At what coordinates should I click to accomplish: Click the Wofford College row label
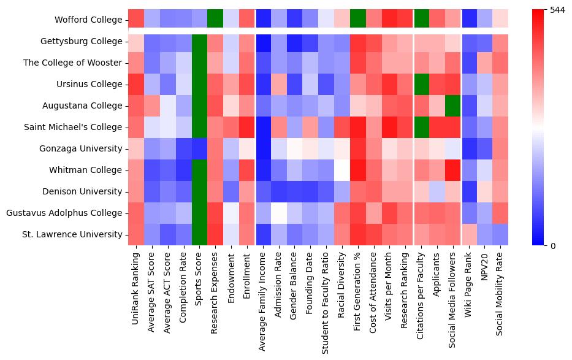point(89,20)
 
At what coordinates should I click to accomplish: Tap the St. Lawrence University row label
point(81,235)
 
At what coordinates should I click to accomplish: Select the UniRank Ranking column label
point(136,279)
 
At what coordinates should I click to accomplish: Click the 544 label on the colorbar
point(557,10)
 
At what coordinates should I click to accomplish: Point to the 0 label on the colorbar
point(554,246)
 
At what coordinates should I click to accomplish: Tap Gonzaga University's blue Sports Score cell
point(200,148)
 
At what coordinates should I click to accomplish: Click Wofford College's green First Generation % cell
point(358,20)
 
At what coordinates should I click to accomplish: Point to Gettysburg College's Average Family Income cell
point(264,41)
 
